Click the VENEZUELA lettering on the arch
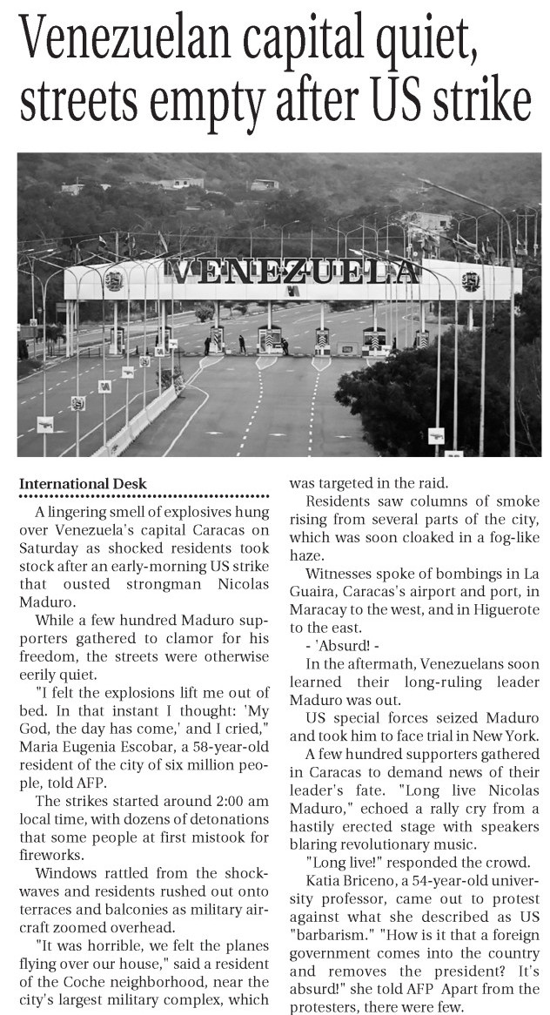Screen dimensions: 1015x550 click(293, 272)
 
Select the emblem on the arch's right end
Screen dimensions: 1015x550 click(471, 281)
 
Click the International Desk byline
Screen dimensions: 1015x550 click(84, 484)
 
